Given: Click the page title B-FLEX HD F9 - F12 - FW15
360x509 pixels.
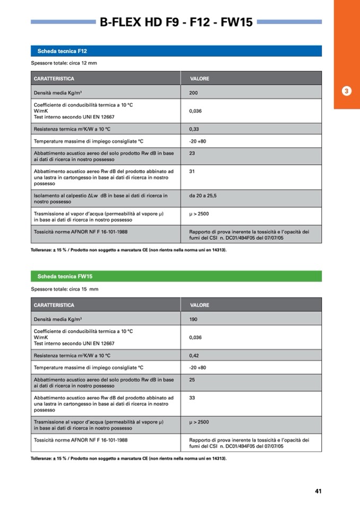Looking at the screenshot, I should coord(176,22).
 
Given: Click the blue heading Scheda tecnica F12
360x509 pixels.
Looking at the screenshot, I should coord(62,51).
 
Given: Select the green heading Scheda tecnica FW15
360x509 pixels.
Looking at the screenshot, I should coord(65,277).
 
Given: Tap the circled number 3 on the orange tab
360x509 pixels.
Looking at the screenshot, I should coord(346,91).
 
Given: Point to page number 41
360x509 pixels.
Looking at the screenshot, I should coord(318,491).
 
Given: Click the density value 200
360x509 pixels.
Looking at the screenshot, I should coord(193,93).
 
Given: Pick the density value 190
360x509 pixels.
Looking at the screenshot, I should coord(193,320).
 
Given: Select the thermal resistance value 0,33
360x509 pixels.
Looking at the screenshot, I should coord(194,129).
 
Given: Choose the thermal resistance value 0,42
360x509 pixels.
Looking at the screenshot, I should coord(194,356).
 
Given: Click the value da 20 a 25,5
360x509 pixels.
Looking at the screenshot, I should coord(203,196).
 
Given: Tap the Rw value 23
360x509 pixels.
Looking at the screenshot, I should coord(192,153).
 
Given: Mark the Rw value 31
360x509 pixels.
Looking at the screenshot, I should coord(192,171).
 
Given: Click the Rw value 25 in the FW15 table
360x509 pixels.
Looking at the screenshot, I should coord(192,380).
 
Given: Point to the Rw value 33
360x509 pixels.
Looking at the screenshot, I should coord(192,398).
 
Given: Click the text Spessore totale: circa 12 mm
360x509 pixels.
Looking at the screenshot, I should coord(64,63).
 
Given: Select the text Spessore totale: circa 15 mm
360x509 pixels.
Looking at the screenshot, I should coord(64,289).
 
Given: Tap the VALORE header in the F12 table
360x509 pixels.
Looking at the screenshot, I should coord(199,79).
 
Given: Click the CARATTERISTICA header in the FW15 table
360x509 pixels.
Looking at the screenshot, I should coord(54,305).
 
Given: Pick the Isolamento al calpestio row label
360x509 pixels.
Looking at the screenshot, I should coord(100,199).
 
